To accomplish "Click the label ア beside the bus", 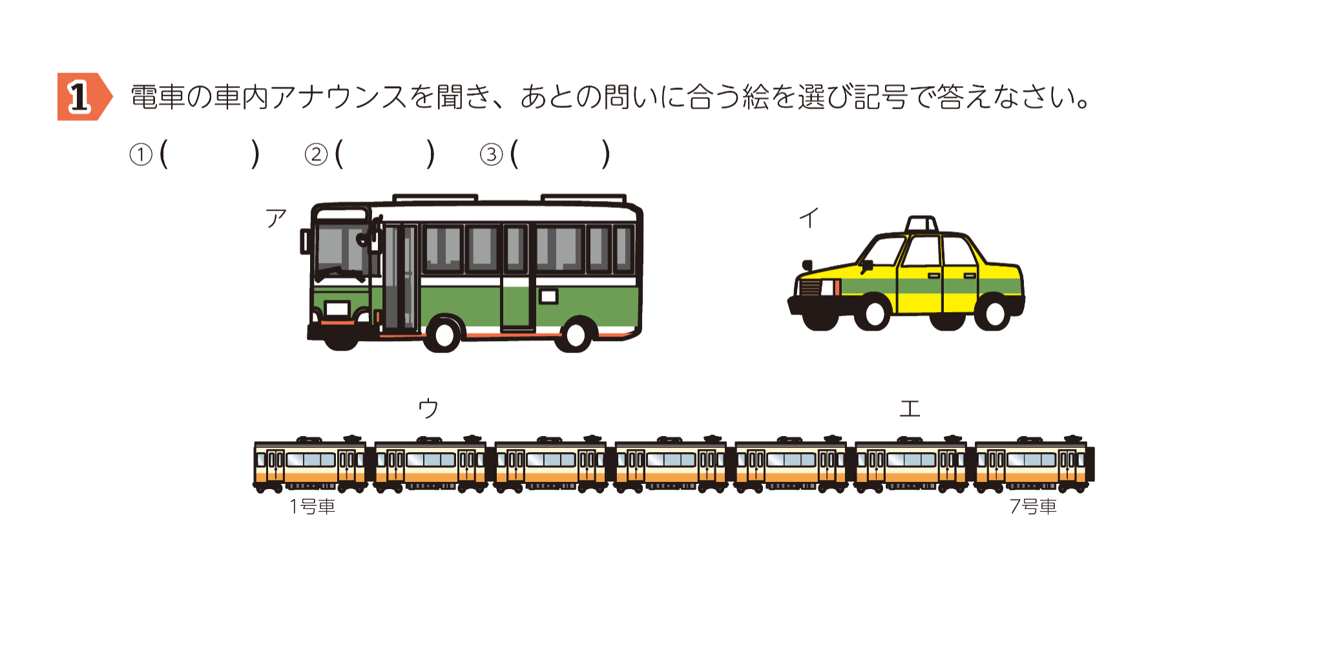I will [x=276, y=218].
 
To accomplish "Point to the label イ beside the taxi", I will [x=809, y=218].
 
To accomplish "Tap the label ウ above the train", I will [x=428, y=408].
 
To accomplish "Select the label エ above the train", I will [x=910, y=408].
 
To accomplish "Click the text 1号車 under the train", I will [x=313, y=506].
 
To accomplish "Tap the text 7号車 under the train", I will [x=1033, y=506].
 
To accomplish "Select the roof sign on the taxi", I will [x=922, y=224].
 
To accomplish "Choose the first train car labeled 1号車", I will [x=310, y=464].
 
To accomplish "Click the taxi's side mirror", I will [x=866, y=265].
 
